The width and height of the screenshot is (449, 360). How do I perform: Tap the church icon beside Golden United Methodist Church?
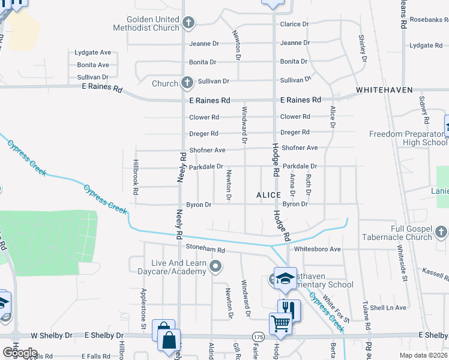pyautogui.click(x=188, y=23)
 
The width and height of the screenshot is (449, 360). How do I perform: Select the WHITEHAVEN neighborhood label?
pyautogui.click(x=384, y=90)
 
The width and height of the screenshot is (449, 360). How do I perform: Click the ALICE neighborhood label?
pyautogui.click(x=268, y=196)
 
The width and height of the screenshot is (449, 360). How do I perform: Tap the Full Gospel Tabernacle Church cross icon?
pyautogui.click(x=441, y=232)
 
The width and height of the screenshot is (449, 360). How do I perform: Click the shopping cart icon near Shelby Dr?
pyautogui.click(x=280, y=324)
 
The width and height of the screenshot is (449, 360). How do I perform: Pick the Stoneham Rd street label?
pyautogui.click(x=205, y=250)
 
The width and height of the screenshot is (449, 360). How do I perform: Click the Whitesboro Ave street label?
pyautogui.click(x=317, y=249)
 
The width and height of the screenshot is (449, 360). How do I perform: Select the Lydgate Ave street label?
pyautogui.click(x=93, y=53)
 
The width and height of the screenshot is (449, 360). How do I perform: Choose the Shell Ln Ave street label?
pyautogui.click(x=388, y=308)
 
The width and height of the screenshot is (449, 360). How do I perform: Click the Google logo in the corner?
pyautogui.click(x=19, y=353)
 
